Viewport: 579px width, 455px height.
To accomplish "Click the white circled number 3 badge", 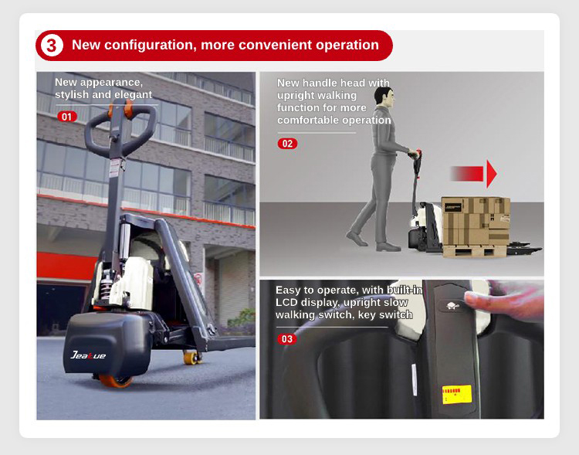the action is pos(52,46).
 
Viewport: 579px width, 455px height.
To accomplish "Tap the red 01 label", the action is pos(67,117).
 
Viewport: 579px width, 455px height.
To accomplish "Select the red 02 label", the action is pos(287,144).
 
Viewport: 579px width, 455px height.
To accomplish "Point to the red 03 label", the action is pos(287,339).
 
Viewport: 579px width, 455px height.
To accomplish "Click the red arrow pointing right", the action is pos(474,174).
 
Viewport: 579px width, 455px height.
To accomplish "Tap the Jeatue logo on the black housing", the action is pos(88,355).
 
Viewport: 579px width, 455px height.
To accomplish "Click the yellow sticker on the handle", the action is pos(457,395).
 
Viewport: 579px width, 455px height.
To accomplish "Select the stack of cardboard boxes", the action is pos(476,222).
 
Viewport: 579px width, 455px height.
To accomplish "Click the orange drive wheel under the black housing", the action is pos(116,381).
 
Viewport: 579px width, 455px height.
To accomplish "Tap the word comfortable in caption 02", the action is pos(308,121).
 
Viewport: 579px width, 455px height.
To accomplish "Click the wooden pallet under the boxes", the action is pos(475,251).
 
